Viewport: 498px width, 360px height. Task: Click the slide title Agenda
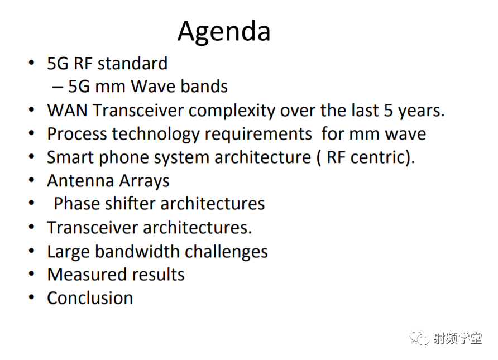224,32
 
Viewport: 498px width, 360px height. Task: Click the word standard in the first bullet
132,63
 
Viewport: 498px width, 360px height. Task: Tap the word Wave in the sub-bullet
154,86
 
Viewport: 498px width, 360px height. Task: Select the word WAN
67,111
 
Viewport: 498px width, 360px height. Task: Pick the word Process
77,134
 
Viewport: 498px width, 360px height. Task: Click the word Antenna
80,181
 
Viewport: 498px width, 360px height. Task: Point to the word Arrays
145,181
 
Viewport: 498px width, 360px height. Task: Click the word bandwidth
137,251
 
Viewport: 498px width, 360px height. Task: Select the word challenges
227,252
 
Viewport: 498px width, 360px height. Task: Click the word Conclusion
90,298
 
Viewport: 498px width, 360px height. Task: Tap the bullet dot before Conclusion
31,297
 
